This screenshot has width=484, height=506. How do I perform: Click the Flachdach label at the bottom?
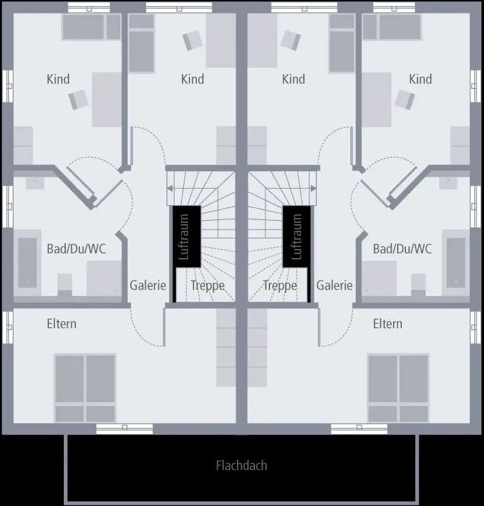coord(241,466)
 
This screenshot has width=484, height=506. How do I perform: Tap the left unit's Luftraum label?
coord(184,237)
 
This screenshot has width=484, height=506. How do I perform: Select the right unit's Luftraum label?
coord(296,237)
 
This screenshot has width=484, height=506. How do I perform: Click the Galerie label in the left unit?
coord(148,286)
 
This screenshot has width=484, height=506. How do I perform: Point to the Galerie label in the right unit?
coord(334,286)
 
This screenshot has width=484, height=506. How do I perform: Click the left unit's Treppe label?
coord(208,286)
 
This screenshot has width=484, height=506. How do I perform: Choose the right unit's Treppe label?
coord(280,286)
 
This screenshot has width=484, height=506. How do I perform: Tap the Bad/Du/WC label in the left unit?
coord(76,249)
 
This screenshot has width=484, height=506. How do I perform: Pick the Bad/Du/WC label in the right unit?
coord(402,249)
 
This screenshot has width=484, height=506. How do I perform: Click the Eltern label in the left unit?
coord(62,324)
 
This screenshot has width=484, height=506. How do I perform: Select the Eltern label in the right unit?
coord(388,324)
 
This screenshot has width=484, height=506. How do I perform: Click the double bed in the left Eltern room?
coord(85,388)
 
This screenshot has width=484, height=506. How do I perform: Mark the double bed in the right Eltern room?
coord(398,388)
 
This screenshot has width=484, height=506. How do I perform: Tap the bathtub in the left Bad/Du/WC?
coord(27,261)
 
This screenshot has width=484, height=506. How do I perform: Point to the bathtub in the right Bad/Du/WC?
coord(455,261)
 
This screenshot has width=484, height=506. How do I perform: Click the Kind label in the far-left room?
coord(58,79)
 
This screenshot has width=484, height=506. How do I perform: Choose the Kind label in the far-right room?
coord(420,79)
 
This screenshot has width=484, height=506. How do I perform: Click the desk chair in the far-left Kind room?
coord(79,101)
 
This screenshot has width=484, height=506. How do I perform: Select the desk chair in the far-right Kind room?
coord(405,101)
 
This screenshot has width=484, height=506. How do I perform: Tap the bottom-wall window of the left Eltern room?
coord(124,429)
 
